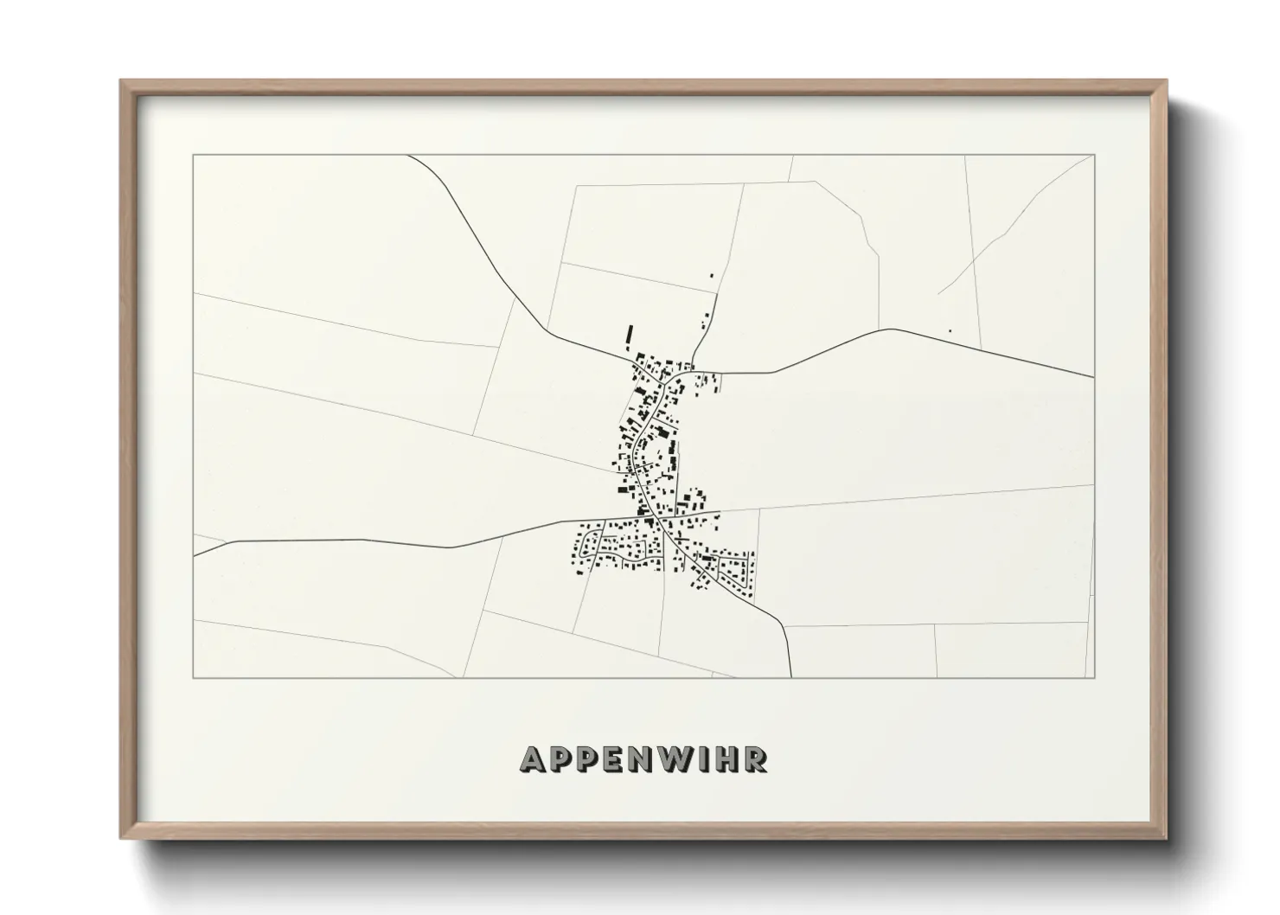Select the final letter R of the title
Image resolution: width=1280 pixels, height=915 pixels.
tap(755, 759)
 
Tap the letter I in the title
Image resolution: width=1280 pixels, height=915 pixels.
tap(703, 759)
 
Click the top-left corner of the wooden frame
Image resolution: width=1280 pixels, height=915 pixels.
tap(121, 81)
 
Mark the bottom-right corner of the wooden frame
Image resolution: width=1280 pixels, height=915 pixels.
tap(1167, 838)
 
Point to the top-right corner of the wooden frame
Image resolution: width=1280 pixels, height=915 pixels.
tap(1167, 81)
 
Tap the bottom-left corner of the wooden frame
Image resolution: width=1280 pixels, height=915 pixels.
tap(121, 838)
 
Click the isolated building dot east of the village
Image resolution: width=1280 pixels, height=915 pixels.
tap(950, 330)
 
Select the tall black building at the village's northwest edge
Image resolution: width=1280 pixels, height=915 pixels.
tap(630, 336)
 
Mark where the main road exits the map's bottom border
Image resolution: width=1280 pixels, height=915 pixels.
tap(790, 677)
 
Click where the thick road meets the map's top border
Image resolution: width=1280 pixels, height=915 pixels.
tap(409, 156)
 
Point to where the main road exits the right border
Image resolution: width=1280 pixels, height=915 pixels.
tap(1094, 377)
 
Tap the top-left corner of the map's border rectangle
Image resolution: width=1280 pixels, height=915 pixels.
tap(194, 156)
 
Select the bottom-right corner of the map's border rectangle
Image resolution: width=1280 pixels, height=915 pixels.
tap(1094, 677)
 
